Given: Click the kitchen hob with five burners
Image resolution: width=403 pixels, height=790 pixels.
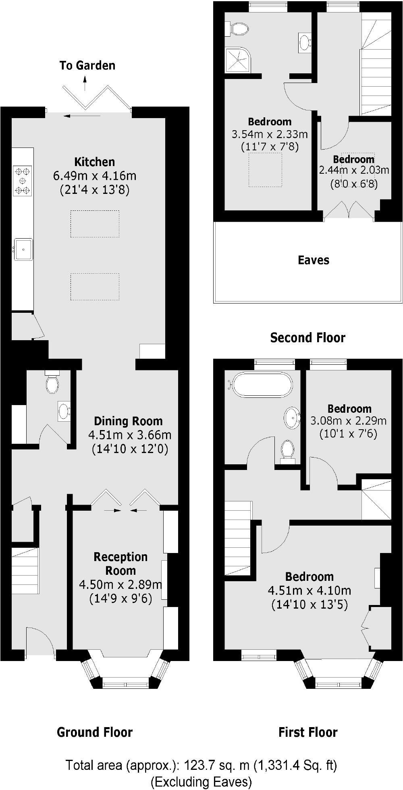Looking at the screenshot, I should pyautogui.click(x=23, y=181).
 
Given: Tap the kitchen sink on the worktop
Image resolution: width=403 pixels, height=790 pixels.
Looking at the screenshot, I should pyautogui.click(x=23, y=249).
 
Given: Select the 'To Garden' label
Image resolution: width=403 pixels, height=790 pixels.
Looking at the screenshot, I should pyautogui.click(x=87, y=65).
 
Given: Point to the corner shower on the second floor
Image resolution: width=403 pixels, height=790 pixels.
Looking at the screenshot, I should pyautogui.click(x=237, y=60).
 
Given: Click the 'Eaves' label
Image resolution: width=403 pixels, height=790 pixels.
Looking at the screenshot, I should pyautogui.click(x=314, y=260).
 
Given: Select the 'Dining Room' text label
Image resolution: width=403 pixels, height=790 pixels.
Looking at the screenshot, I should pyautogui.click(x=128, y=421).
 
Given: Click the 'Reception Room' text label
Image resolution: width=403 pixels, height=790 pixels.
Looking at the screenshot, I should pyautogui.click(x=120, y=563).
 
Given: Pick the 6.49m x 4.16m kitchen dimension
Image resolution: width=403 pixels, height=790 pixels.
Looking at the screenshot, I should pyautogui.click(x=95, y=176).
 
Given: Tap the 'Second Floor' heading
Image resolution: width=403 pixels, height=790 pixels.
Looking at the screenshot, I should pyautogui.click(x=307, y=337).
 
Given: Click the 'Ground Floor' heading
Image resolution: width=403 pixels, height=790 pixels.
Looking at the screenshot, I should pyautogui.click(x=95, y=732).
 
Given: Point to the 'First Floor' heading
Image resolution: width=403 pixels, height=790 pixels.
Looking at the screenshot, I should pyautogui.click(x=308, y=732).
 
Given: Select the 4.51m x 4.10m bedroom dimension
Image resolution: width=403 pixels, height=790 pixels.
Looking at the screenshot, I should pyautogui.click(x=310, y=590).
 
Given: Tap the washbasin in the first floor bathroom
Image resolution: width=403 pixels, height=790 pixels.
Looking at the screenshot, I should pyautogui.click(x=292, y=417).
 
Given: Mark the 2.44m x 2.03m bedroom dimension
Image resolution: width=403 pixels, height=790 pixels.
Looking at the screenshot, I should pyautogui.click(x=354, y=170).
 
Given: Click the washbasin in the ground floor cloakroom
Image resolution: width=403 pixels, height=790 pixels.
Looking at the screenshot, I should pyautogui.click(x=64, y=411).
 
